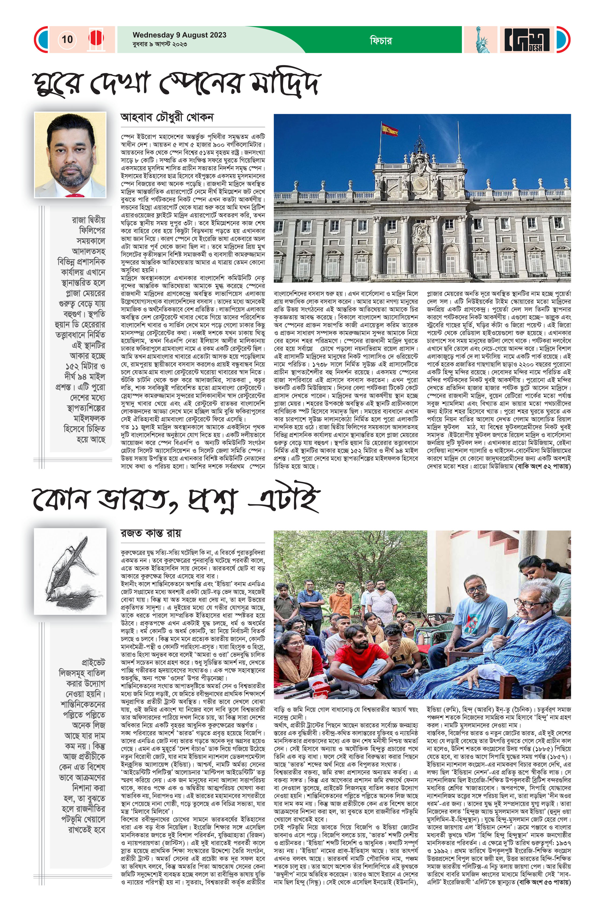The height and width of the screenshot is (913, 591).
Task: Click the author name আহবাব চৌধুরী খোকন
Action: click(x=167, y=117)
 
